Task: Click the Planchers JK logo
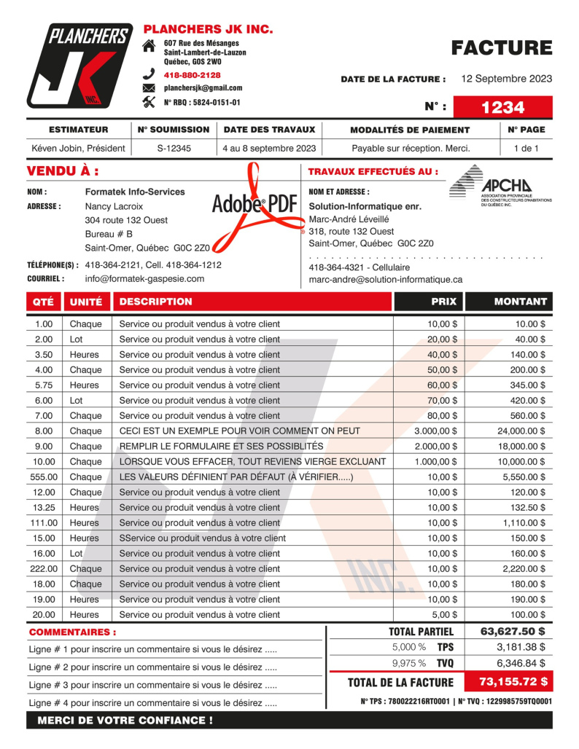click(x=80, y=65)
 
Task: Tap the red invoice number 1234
click(x=502, y=107)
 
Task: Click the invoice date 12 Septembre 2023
click(x=507, y=79)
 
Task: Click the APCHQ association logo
click(x=500, y=187)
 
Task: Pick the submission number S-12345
click(x=174, y=149)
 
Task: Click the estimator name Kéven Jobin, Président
click(x=78, y=149)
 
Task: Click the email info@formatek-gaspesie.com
click(x=144, y=278)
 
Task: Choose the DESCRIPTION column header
click(x=155, y=301)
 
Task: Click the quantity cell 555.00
click(x=44, y=477)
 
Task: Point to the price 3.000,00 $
click(x=435, y=431)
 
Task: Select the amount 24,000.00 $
click(x=516, y=431)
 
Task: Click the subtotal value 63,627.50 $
click(x=513, y=631)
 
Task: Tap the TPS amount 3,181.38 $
click(x=521, y=646)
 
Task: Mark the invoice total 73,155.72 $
click(x=513, y=682)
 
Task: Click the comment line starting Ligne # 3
click(x=152, y=685)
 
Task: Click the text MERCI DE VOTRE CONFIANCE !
click(x=125, y=720)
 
